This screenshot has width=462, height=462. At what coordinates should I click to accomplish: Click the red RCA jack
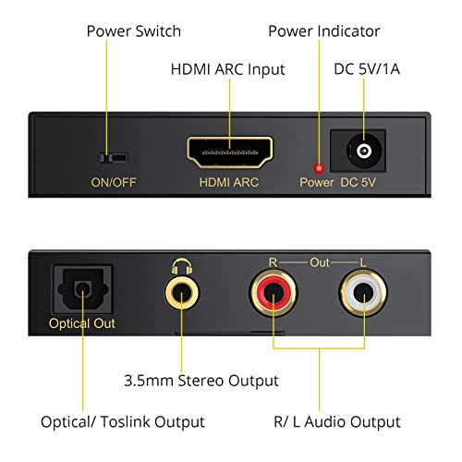click(273, 296)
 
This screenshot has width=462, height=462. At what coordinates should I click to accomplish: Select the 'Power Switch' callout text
click(133, 31)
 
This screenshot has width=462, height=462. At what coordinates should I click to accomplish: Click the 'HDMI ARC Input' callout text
click(227, 69)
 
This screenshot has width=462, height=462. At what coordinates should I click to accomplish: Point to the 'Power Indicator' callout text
click(323, 31)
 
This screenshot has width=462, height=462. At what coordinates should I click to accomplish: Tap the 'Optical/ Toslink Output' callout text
click(122, 421)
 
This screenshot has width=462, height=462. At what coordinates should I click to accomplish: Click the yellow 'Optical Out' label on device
click(83, 323)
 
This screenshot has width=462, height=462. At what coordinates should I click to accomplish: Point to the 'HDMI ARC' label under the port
click(229, 182)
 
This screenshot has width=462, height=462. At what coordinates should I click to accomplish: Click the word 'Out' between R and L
click(316, 263)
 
